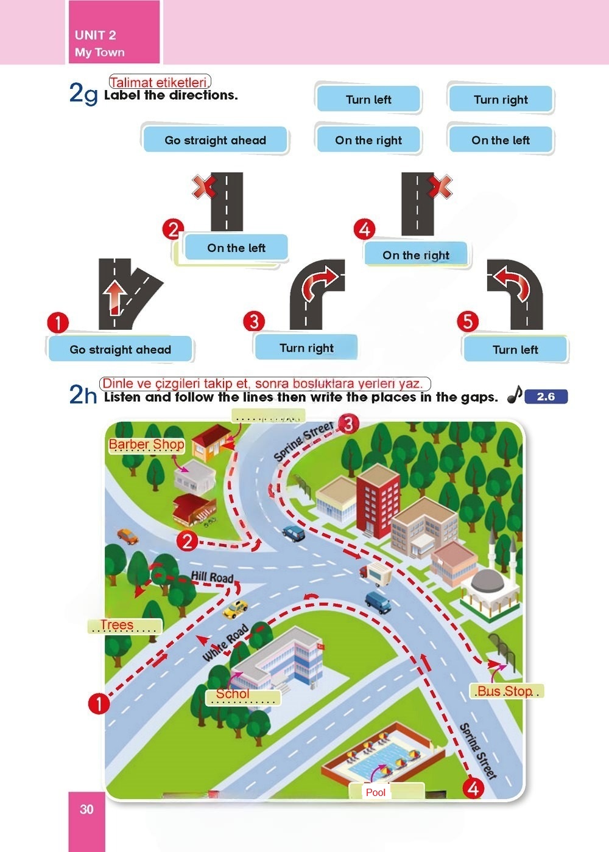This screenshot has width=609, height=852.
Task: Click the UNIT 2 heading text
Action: pyautogui.click(x=95, y=35)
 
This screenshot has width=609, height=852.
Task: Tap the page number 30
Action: pyautogui.click(x=86, y=809)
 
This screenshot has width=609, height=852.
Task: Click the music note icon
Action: pyautogui.click(x=515, y=394)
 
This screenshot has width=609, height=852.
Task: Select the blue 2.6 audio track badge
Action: pyautogui.click(x=546, y=397)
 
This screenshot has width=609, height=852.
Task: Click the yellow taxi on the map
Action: pyautogui.click(x=235, y=609)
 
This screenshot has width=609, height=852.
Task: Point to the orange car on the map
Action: pyautogui.click(x=127, y=536)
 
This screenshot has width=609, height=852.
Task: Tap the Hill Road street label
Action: pyautogui.click(x=212, y=577)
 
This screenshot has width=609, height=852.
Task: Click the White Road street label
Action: pyautogui.click(x=225, y=643)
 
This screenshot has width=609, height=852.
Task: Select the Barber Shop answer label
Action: pyautogui.click(x=147, y=444)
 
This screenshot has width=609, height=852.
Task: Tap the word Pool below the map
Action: pyautogui.click(x=376, y=792)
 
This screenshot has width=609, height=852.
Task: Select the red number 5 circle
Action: pyautogui.click(x=468, y=321)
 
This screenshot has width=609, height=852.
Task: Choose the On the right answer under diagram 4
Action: pyautogui.click(x=416, y=255)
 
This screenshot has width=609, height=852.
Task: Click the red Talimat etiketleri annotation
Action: pyautogui.click(x=160, y=82)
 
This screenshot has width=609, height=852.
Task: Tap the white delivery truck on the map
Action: pyautogui.click(x=376, y=573)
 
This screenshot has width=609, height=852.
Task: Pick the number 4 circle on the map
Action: pyautogui.click(x=473, y=789)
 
